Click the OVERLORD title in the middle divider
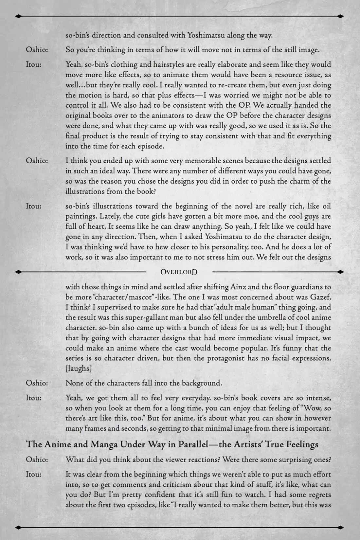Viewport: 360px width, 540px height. point(179,272)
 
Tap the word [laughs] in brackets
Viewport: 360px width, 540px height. point(79,368)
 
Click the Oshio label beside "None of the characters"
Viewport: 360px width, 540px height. point(37,383)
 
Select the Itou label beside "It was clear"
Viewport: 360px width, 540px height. point(34,474)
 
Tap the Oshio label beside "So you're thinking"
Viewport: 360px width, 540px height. point(37,50)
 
